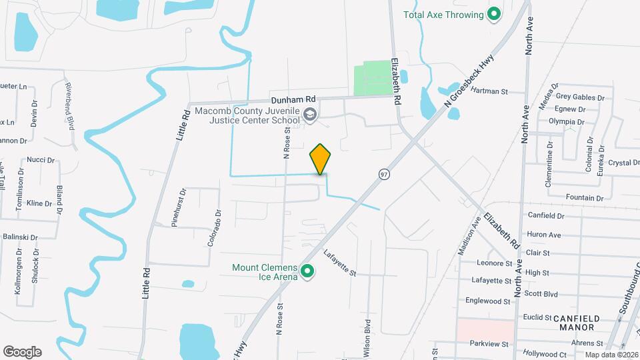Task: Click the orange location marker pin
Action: point(320,159)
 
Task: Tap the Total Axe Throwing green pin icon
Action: point(494,14)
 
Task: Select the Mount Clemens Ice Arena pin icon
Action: point(307,272)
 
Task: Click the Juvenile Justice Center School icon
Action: point(310,115)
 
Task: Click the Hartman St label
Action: point(489,91)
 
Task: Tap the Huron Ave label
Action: point(543,235)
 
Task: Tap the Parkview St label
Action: point(489,344)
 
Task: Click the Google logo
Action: point(22,351)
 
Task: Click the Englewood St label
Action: point(489,301)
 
